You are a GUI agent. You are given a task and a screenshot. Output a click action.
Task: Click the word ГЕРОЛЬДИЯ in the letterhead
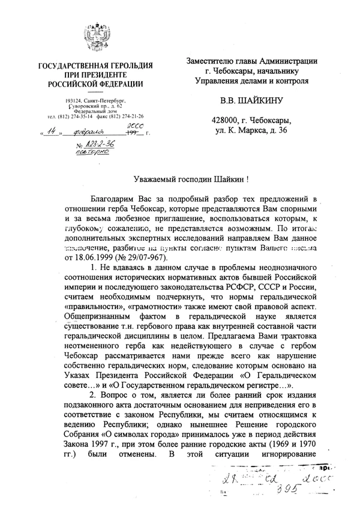122,65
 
